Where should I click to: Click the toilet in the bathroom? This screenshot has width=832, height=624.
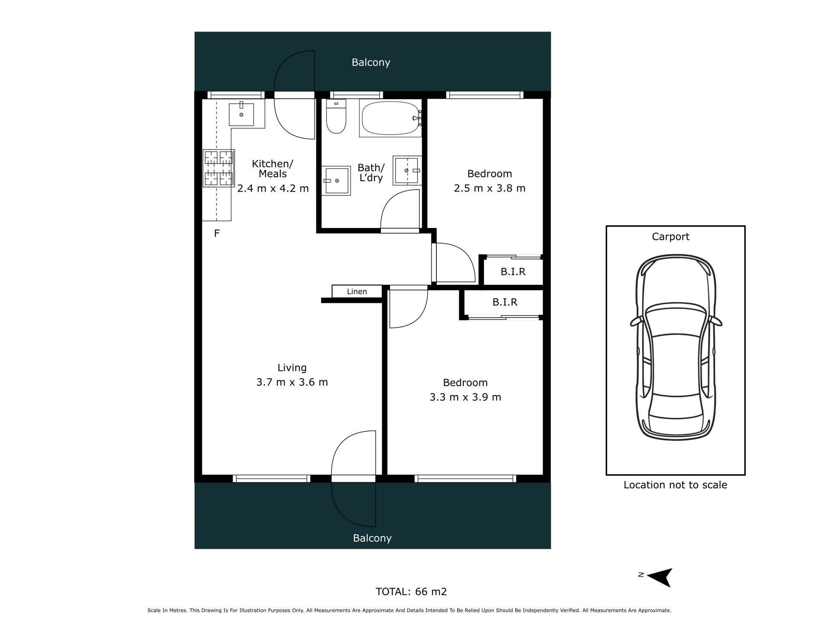pos(336,116)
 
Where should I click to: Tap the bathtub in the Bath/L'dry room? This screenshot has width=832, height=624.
pos(390,118)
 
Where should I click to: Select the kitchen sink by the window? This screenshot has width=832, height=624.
pos(241,114)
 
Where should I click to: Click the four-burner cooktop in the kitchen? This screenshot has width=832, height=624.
pos(219,168)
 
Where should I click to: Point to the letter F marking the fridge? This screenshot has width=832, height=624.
pos(217,234)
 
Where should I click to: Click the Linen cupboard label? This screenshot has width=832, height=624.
pos(357,292)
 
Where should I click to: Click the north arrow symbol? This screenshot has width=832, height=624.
pos(660,577)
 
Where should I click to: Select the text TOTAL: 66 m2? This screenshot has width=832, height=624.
pos(411,591)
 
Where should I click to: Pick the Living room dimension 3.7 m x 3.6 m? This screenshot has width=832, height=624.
pos(292,382)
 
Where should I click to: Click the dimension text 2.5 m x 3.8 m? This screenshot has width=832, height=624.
pos(490,188)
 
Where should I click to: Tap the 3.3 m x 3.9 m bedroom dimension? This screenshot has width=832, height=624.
pos(465,397)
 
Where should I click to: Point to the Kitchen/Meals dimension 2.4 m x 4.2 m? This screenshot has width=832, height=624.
pos(273,188)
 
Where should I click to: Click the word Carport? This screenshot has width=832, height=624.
pos(671,237)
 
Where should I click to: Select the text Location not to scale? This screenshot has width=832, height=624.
pos(675,485)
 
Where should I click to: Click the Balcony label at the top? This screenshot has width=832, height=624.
pos(371,62)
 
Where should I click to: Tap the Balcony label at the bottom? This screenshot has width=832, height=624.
pos(372,538)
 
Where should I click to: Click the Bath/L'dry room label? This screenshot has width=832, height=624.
pos(371,172)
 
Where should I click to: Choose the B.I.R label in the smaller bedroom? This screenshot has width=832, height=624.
pos(513,272)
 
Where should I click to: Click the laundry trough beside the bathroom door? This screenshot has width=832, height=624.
pos(407,170)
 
